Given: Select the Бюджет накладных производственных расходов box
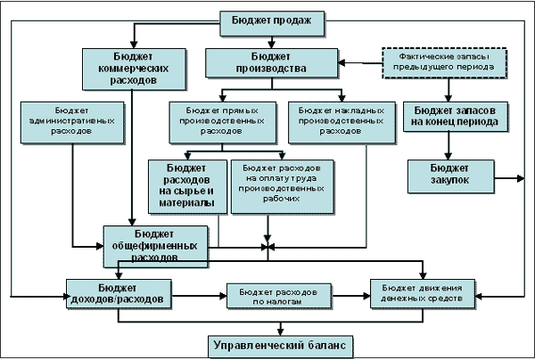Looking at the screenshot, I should [x=336, y=118].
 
